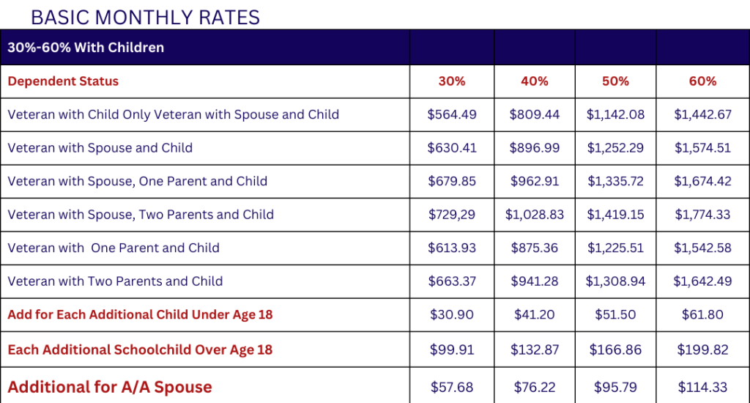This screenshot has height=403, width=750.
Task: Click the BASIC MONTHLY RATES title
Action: point(145,16)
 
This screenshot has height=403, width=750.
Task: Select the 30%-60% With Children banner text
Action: point(86,48)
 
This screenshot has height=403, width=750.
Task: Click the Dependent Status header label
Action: point(63,81)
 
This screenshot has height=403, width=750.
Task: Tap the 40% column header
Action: point(534,81)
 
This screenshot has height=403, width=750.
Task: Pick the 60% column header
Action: point(702,81)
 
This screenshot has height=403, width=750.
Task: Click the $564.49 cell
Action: point(452,114)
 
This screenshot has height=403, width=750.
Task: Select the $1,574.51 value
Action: point(702,148)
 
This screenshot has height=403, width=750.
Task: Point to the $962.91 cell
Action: point(534,181)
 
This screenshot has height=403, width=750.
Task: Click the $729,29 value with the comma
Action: point(452,215)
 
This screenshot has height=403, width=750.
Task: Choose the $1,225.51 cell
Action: point(615,248)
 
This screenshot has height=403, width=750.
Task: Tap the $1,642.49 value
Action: point(702,281)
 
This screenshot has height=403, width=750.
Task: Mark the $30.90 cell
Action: point(452,315)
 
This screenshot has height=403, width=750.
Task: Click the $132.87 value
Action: point(534,350)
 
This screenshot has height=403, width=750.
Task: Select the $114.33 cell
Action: point(702,387)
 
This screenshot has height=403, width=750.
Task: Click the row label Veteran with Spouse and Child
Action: point(100,148)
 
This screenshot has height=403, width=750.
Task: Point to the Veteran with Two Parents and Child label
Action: point(115,281)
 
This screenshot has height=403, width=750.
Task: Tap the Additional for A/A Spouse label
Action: point(110,387)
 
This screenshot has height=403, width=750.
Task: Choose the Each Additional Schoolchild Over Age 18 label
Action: point(140,350)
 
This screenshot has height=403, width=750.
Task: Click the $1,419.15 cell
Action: point(615,215)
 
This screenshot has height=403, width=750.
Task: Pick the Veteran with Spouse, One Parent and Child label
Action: point(137,181)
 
